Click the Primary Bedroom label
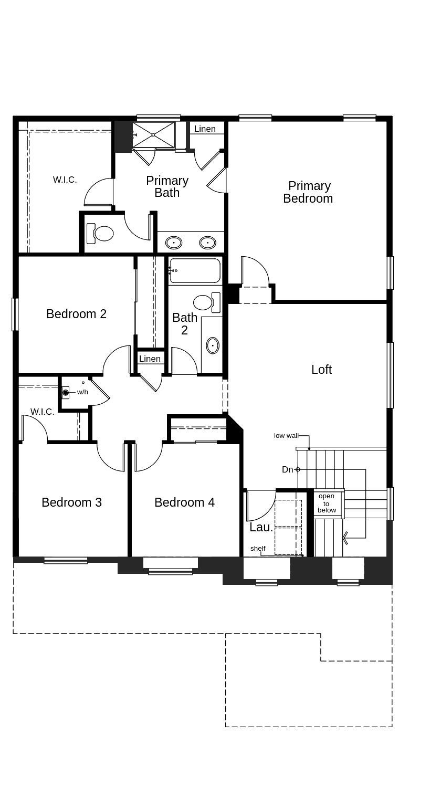coord(308,192)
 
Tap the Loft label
coord(321,370)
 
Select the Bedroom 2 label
coord(76,314)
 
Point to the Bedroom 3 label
coord(71,502)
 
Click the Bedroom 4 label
coord(184,502)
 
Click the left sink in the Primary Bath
coord(174,243)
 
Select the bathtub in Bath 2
coord(194,270)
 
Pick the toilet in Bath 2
coord(205,302)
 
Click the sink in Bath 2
coord(212,345)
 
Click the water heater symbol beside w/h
coord(66,392)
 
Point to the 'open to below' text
coord(327,503)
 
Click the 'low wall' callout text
coord(286,436)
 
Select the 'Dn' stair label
coord(287,469)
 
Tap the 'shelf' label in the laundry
coord(258,549)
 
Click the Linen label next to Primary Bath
coord(205,129)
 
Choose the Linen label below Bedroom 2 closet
coord(150,359)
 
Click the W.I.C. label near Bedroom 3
coord(42,412)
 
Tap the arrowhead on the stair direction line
coord(345,538)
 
